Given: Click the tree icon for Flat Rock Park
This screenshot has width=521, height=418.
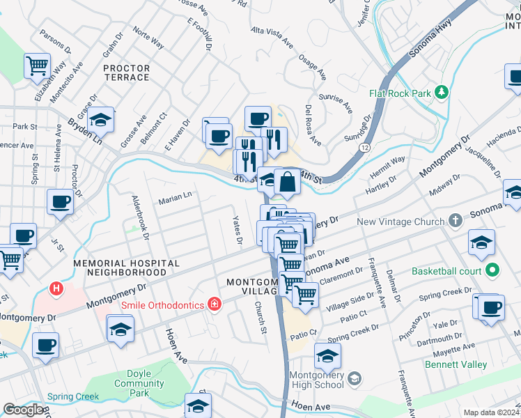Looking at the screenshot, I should [440, 93].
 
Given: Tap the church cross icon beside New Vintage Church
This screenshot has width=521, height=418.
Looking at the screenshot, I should [456, 222].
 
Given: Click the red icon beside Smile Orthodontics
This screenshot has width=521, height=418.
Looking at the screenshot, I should [215, 304].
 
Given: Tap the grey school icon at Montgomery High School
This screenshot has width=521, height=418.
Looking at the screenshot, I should [354, 378].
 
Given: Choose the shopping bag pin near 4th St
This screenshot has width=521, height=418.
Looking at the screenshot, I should [287, 183].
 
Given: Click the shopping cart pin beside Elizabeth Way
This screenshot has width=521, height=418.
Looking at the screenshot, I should [38, 66].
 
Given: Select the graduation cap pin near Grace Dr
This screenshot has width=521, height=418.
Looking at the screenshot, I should [100, 120].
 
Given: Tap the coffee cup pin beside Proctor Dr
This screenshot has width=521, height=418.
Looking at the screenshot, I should [60, 202].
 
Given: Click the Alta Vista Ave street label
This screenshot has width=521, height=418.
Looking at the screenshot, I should [272, 36].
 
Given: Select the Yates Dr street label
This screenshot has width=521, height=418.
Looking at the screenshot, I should [237, 230].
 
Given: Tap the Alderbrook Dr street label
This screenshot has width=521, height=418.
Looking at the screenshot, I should [141, 217].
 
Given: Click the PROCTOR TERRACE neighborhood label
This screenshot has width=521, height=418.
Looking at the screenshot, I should [126, 72].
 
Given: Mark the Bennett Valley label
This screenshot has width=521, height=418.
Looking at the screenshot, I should [455, 364].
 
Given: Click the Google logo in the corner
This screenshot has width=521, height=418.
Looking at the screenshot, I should [23, 410].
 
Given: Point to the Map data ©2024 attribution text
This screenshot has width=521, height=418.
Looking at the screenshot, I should [491, 412].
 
